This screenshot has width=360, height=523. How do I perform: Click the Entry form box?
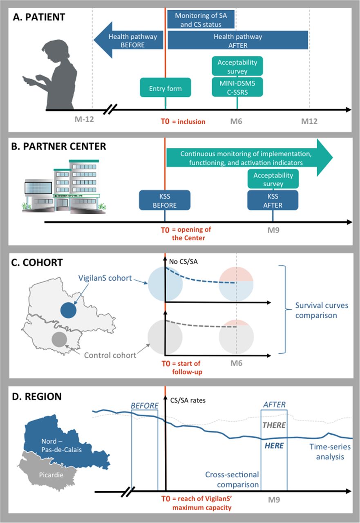(x=165, y=87)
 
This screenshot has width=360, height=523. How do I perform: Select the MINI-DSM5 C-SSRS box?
(x=237, y=87)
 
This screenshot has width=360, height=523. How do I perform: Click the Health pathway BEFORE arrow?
(x=128, y=40)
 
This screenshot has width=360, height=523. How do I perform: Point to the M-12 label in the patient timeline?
(x=84, y=119)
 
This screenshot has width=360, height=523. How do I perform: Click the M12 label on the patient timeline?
(x=309, y=121)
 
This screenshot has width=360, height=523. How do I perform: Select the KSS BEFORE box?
(x=165, y=200)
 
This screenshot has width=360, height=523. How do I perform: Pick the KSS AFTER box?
(x=273, y=200)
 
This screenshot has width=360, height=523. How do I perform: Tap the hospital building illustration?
(x=64, y=186)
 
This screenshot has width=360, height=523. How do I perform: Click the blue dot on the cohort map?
(x=68, y=310)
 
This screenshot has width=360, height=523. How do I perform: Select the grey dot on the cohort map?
(x=59, y=340)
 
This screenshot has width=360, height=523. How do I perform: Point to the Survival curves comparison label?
(x=322, y=310)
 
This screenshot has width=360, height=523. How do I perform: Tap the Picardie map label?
(x=51, y=475)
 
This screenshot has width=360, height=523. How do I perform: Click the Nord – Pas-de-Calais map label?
(x=61, y=445)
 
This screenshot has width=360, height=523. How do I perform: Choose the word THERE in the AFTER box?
(x=274, y=425)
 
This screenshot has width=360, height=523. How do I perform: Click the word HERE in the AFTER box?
(x=274, y=446)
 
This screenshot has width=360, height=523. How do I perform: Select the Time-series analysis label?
(x=330, y=451)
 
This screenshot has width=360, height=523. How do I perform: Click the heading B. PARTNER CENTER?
(x=58, y=146)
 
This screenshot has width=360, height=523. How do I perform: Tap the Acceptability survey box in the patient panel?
(x=237, y=66)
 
